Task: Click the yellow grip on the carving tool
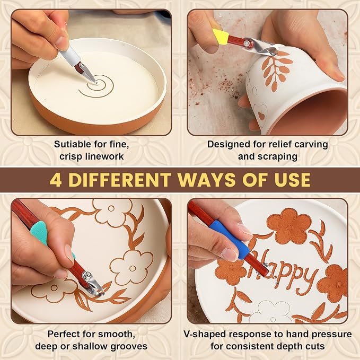tap(220, 36)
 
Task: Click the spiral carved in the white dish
tap(96, 86)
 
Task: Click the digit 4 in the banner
tap(55, 180)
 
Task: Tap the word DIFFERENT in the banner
tap(120, 180)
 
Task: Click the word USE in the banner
tap(292, 180)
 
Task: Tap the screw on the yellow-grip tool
tap(247, 43)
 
